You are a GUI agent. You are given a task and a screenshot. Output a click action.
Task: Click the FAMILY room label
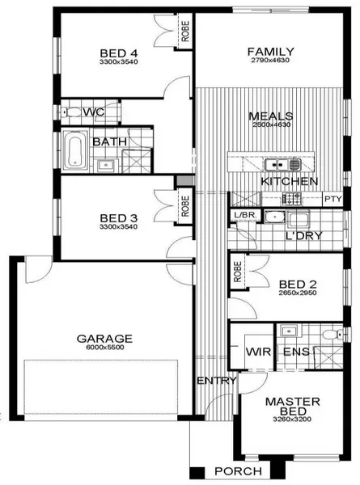270,51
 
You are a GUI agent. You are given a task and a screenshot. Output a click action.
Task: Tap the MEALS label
270,116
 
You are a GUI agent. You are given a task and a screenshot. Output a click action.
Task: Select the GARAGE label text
104,339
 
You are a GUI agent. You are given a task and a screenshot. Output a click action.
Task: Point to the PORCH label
238,471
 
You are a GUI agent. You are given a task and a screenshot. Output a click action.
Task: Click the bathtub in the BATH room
74,150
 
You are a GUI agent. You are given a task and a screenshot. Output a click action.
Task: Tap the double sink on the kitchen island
282,164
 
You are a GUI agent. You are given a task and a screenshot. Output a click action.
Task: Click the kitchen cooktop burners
291,199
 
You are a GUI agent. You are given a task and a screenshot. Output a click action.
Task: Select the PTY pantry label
332,199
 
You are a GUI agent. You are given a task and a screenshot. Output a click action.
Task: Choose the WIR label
258,352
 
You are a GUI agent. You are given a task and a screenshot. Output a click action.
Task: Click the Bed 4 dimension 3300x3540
119,61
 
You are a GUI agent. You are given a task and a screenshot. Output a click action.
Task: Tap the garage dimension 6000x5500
105,348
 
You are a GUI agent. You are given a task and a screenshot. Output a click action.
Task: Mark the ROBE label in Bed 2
238,272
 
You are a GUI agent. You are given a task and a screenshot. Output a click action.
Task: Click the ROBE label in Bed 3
185,206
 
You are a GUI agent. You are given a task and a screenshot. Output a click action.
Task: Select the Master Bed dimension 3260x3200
292,420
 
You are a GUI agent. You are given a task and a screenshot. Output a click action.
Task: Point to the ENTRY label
217,381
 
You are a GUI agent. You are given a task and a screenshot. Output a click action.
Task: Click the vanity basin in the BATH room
105,166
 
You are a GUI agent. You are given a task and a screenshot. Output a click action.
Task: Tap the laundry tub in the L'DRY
274,217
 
